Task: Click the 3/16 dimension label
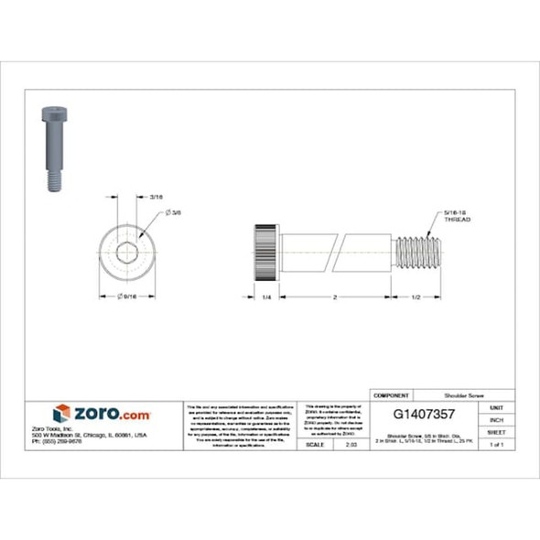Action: [156, 197]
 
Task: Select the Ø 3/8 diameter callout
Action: [173, 212]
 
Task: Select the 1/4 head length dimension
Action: [265, 297]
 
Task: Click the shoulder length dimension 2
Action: [335, 297]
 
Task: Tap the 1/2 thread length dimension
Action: [416, 297]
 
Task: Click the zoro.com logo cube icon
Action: [61, 413]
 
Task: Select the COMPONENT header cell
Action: [391, 394]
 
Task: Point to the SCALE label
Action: [317, 444]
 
